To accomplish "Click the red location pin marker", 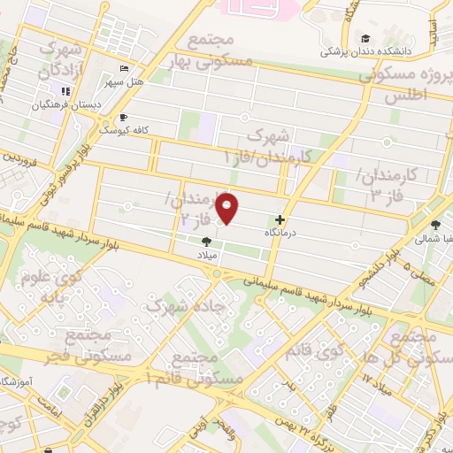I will (x=228, y=208).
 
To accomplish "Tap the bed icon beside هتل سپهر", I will (x=125, y=69).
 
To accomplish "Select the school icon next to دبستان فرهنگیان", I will (x=65, y=90).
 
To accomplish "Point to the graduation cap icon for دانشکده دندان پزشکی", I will (x=365, y=38).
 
